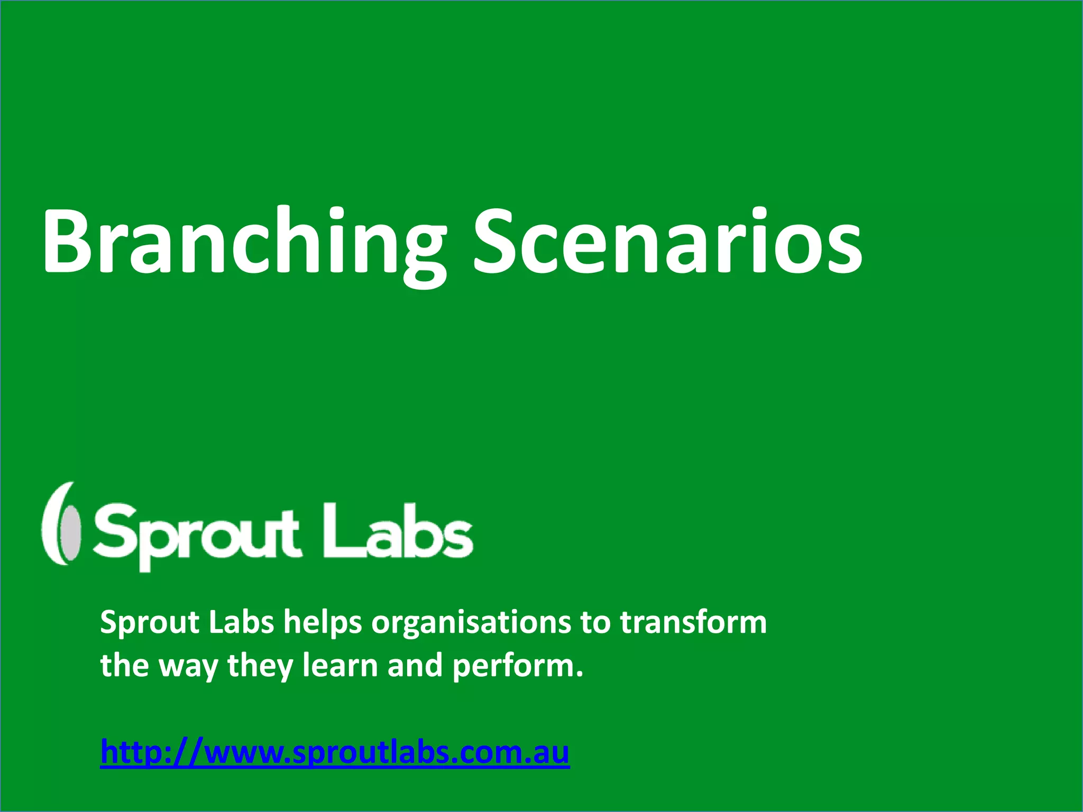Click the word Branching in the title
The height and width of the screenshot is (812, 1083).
243,243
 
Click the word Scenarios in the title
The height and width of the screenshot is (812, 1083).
667,243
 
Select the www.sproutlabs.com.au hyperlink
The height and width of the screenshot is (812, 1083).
335,752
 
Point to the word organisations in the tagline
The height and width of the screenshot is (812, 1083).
471,623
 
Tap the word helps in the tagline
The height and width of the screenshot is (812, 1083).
323,623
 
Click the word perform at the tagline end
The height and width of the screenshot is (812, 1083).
517,666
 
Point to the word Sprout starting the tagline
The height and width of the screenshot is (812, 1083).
150,623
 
